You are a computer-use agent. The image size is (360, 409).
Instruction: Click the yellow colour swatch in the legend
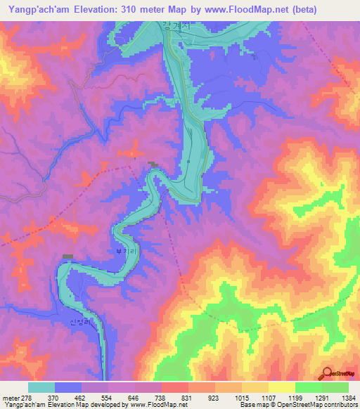pos(281,387)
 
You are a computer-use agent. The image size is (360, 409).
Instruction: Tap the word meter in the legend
pos(11,398)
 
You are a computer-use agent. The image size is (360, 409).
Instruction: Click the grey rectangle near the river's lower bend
pos(67,257)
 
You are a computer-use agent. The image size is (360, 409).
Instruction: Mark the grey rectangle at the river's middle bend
pos(153,164)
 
